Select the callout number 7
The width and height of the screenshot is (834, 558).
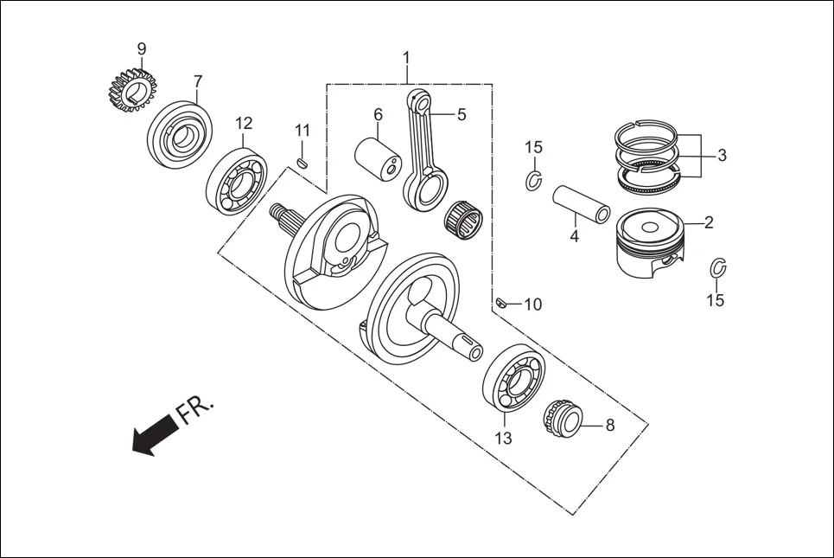click(198, 81)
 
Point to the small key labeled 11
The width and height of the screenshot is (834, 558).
click(302, 162)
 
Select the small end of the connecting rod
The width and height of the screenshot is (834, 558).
click(422, 104)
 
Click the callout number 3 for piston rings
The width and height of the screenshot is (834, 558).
click(722, 156)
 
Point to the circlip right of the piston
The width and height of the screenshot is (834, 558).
click(717, 267)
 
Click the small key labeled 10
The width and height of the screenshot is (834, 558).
click(500, 302)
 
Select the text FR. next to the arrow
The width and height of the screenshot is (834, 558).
click(195, 410)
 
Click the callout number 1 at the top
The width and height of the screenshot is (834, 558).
click(406, 58)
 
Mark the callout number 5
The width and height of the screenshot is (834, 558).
click(462, 114)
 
